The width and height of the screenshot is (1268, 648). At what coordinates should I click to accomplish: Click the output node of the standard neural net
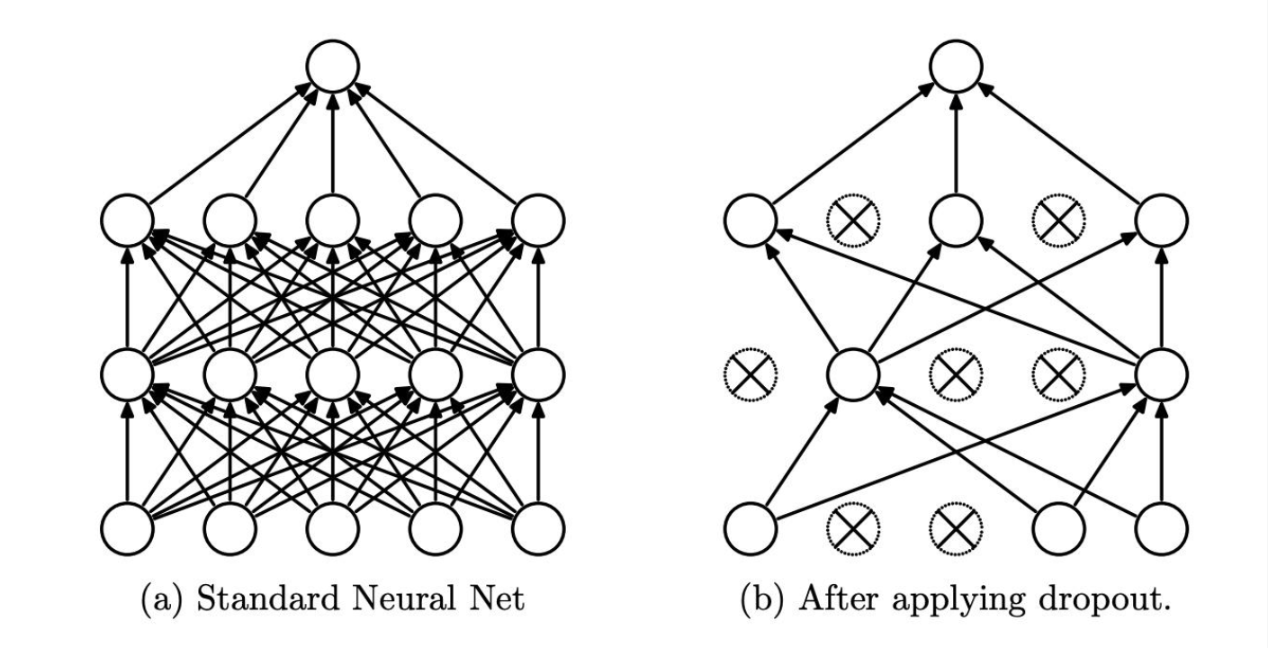[x=333, y=65]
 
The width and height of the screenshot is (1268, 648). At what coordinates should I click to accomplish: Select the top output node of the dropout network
[x=956, y=65]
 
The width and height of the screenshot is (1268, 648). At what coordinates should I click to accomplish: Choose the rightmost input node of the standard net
[x=538, y=530]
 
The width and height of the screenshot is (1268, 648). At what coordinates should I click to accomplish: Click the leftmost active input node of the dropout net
[x=751, y=530]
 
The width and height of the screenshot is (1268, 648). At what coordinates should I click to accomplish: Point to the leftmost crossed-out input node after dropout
[x=853, y=530]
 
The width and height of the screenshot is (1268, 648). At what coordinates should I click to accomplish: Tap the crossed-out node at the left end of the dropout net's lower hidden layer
[x=751, y=374]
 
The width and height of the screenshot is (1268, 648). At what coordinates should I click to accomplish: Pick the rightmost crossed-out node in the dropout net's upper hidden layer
[x=1058, y=220]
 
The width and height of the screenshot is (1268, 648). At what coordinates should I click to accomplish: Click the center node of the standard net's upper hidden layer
[x=333, y=220]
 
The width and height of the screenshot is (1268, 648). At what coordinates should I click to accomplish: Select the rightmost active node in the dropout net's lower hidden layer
[x=1162, y=374]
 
